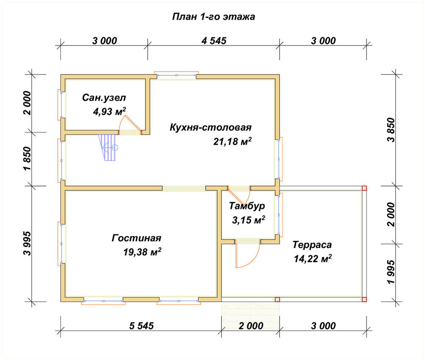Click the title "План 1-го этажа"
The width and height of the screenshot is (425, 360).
tap(214, 17)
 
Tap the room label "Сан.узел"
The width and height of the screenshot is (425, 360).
tap(104, 98)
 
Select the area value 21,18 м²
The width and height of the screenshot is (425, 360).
tap(232, 141)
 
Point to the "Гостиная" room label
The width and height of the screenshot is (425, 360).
tap(136, 238)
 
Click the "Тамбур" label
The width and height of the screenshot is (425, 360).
tap(247, 206)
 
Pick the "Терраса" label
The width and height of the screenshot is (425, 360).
tap(312, 245)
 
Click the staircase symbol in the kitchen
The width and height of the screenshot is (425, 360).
tap(108, 148)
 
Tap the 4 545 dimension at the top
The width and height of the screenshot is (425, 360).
tap(214, 41)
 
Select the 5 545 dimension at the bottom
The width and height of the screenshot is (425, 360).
tap(141, 326)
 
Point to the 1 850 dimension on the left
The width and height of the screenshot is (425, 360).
tap(28, 159)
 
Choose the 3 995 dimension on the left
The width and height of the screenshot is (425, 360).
tap(28, 243)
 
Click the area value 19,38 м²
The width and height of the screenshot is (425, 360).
tap(142, 252)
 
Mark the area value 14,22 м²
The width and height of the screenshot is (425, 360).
tap(313, 259)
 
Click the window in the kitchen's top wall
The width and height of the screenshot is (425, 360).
tap(176, 75)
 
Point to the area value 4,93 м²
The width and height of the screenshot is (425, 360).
tap(109, 111)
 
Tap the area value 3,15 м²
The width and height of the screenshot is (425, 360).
tap(248, 220)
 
